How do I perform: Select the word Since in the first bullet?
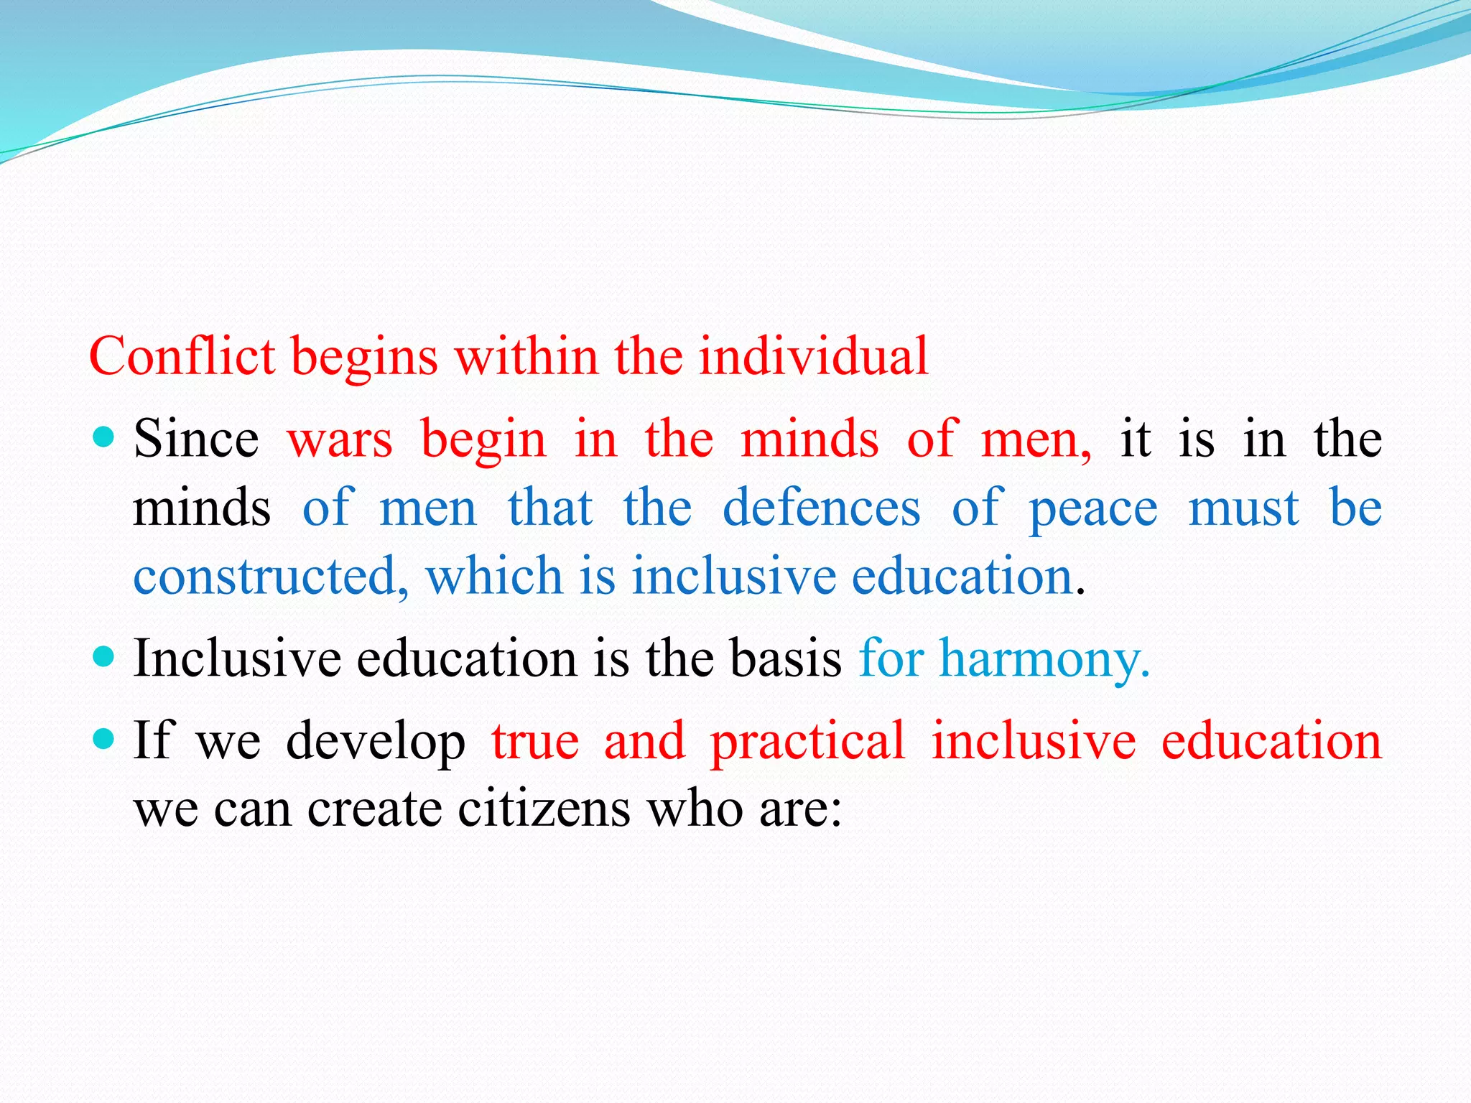pos(196,438)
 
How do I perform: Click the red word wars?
pos(340,438)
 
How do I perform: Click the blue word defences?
pos(821,507)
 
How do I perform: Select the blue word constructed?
pos(271,576)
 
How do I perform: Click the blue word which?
pos(494,576)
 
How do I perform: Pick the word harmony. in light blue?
pos(1045,658)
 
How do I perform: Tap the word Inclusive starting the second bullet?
pos(237,658)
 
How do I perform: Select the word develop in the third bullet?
pos(375,741)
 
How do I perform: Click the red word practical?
pos(807,741)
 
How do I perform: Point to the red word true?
pos(535,741)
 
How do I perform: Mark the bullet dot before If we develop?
pos(104,738)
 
